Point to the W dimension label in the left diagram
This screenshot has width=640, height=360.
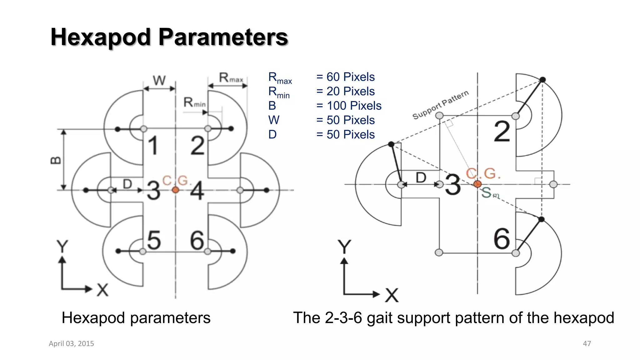pyautogui.click(x=159, y=80)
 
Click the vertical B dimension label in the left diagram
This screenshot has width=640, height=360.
pyautogui.click(x=56, y=160)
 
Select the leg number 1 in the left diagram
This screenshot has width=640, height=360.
pyautogui.click(x=153, y=146)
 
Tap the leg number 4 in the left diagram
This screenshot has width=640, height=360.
pyautogui.click(x=197, y=190)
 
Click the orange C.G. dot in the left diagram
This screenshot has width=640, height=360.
pyautogui.click(x=175, y=190)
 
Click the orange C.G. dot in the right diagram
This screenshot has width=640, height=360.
pyautogui.click(x=477, y=184)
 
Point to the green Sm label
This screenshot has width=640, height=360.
pyautogui.click(x=489, y=193)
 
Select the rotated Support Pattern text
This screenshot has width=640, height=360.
pyautogui.click(x=440, y=105)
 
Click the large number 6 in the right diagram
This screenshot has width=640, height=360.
pyautogui.click(x=502, y=239)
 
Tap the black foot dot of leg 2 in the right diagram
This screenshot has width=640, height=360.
pyautogui.click(x=543, y=80)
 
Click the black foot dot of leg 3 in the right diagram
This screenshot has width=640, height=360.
pyautogui.click(x=391, y=144)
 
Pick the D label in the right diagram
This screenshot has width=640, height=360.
pyautogui.click(x=421, y=177)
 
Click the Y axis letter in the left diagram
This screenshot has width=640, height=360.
pyautogui.click(x=62, y=246)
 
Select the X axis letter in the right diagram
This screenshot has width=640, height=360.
pyautogui.click(x=392, y=295)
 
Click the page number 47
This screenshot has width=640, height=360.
pyautogui.click(x=587, y=343)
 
